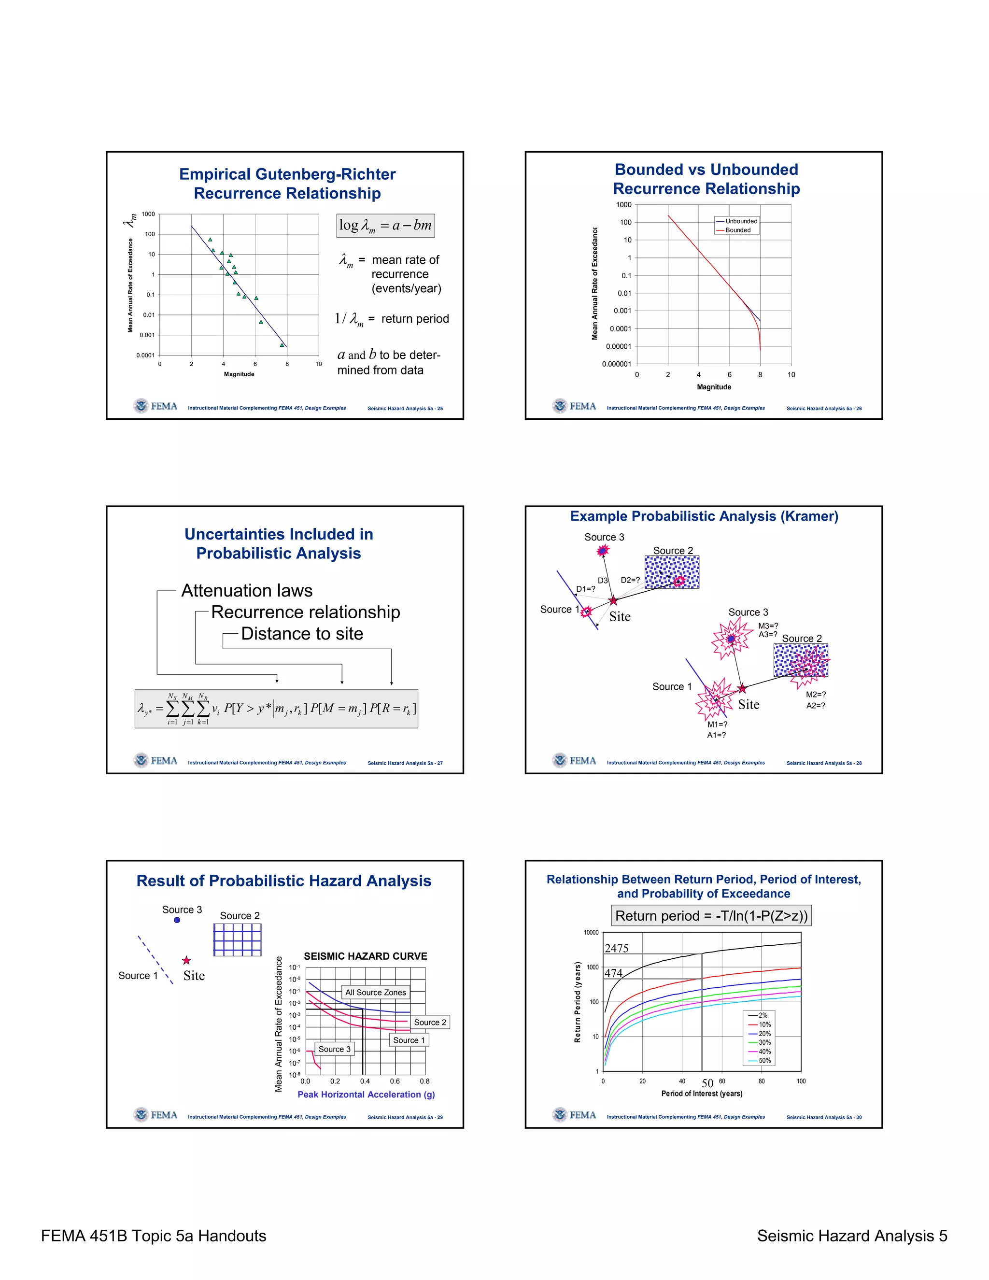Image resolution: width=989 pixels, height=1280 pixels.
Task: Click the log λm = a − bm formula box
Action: (x=385, y=226)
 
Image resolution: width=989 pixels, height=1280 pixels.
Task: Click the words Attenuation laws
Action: (x=247, y=590)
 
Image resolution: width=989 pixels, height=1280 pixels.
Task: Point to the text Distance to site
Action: (x=302, y=634)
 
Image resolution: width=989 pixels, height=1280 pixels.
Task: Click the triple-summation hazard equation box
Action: (x=276, y=709)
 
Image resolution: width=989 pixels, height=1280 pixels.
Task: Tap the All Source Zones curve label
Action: (x=376, y=992)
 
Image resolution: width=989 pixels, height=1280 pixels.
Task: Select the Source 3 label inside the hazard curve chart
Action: (x=335, y=1049)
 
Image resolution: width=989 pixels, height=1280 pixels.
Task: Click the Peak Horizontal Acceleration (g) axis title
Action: (x=366, y=1094)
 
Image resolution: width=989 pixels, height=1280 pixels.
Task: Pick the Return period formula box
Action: (x=711, y=916)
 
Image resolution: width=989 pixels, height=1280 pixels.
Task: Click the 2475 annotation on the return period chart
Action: (x=616, y=948)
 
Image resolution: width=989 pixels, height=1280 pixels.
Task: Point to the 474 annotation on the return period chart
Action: (x=613, y=973)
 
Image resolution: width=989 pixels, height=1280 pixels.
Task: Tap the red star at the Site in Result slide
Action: (x=186, y=961)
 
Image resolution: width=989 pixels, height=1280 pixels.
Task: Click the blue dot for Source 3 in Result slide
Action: (x=177, y=920)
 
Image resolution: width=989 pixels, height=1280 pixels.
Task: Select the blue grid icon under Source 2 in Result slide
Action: (x=237, y=939)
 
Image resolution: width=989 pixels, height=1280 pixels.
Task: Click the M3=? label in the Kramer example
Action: (x=768, y=626)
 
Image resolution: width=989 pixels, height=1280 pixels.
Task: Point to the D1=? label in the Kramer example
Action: (x=585, y=589)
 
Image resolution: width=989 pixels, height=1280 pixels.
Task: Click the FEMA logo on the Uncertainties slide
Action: (x=155, y=761)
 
